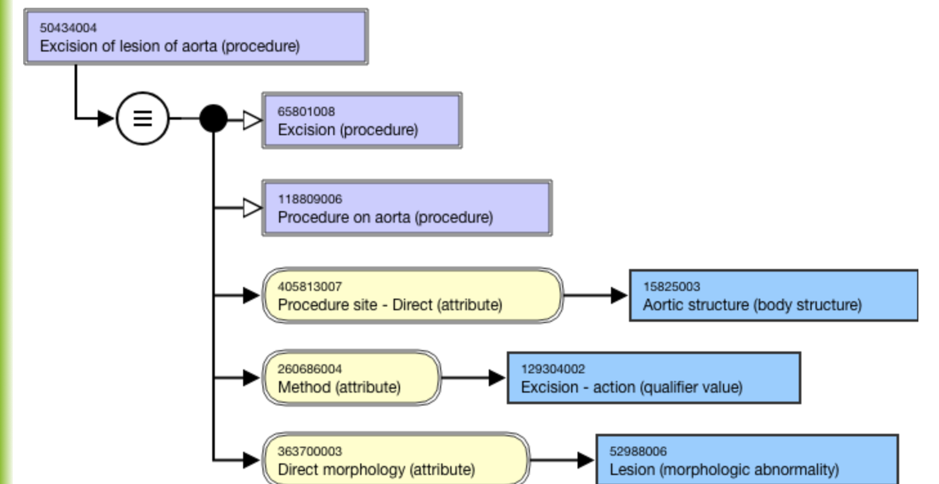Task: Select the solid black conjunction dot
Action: [214, 118]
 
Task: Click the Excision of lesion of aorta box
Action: [196, 37]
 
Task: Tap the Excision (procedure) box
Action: [362, 120]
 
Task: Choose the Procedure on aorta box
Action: [407, 208]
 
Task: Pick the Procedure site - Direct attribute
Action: [412, 295]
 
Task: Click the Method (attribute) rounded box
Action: [351, 377]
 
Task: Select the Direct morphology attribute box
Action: [396, 460]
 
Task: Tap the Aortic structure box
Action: [774, 295]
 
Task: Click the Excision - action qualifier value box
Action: [654, 377]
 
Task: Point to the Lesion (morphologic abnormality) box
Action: [747, 460]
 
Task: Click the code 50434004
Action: [68, 28]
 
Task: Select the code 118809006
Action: [310, 199]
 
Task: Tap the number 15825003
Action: [671, 286]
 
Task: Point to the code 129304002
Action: [553, 369]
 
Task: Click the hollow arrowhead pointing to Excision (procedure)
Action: [252, 120]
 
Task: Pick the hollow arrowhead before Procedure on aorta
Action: [252, 208]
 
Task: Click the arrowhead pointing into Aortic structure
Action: [619, 295]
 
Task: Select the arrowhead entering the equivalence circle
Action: [106, 118]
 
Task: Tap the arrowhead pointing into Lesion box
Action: [586, 460]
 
